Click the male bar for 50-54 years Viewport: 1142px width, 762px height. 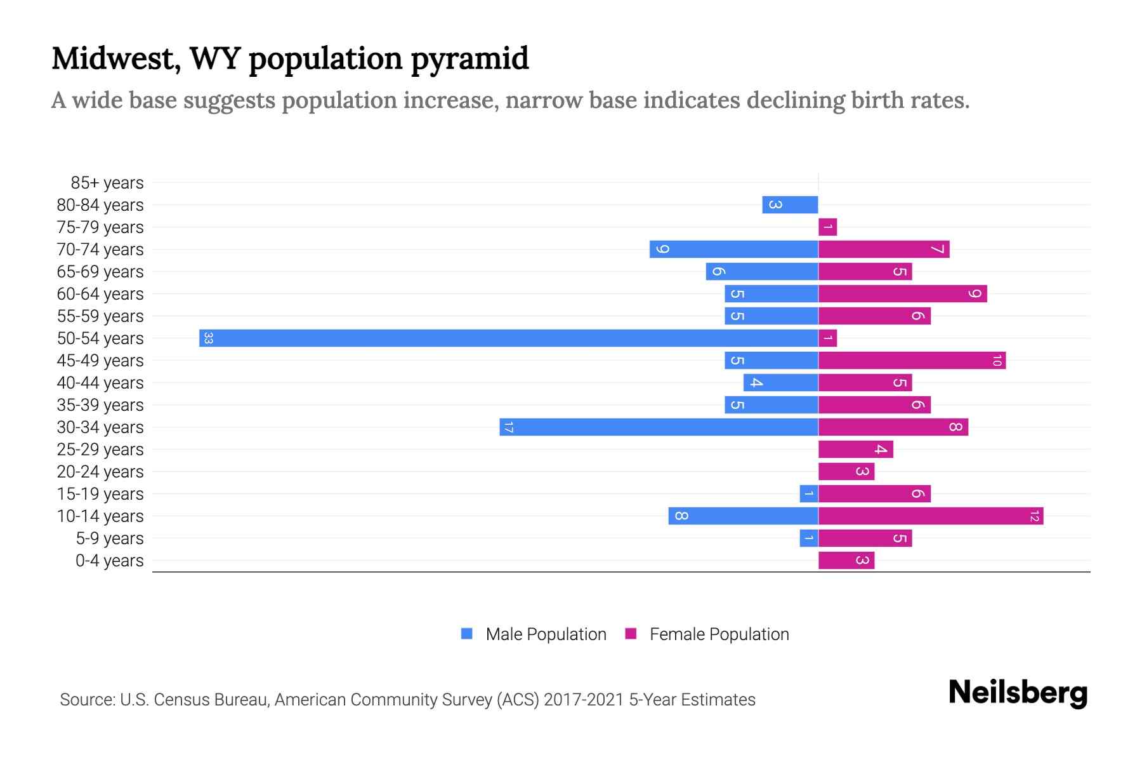pyautogui.click(x=508, y=338)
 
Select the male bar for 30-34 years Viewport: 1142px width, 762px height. pyautogui.click(x=660, y=427)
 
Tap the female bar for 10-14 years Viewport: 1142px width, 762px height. pyautogui.click(x=930, y=516)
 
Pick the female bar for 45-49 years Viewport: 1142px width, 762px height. pyautogui.click(x=911, y=360)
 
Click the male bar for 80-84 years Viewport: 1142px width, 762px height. pyautogui.click(x=790, y=204)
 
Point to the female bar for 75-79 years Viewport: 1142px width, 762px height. pyautogui.click(x=827, y=227)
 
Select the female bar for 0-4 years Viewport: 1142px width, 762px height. pyautogui.click(x=846, y=560)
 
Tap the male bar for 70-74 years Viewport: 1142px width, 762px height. pyautogui.click(x=733, y=249)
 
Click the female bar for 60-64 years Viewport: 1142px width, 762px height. pyautogui.click(x=902, y=293)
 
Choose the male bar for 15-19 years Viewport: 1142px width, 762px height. pyautogui.click(x=808, y=493)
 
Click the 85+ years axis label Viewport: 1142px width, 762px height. pyautogui.click(x=107, y=183)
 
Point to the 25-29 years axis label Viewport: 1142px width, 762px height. pyautogui.click(x=100, y=450)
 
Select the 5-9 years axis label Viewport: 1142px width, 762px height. pyautogui.click(x=110, y=538)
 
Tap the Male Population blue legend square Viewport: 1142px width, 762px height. pyautogui.click(x=467, y=634)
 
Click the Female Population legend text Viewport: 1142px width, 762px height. pyautogui.click(x=719, y=634)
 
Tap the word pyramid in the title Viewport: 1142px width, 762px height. pyautogui.click(x=469, y=59)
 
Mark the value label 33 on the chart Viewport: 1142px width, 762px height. pyautogui.click(x=208, y=338)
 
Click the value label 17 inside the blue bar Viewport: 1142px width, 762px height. pyautogui.click(x=508, y=427)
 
